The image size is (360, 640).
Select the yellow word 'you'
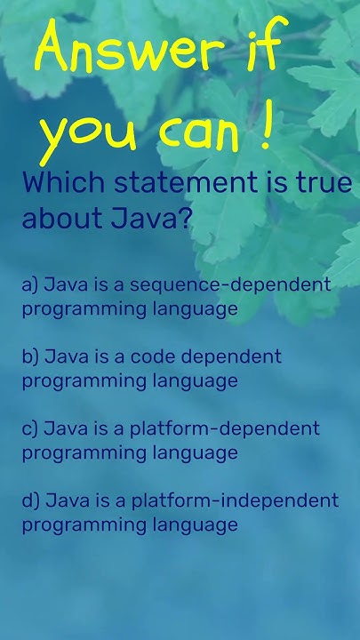pos(84,135)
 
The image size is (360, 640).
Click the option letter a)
pos(30,285)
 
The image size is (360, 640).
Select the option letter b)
pos(30,356)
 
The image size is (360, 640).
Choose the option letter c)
pos(30,428)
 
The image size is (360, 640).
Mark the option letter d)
pos(30,500)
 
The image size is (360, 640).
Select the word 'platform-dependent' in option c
pos(224,428)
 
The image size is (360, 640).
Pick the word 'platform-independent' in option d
pos(234,500)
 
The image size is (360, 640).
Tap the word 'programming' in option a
pos(74,309)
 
